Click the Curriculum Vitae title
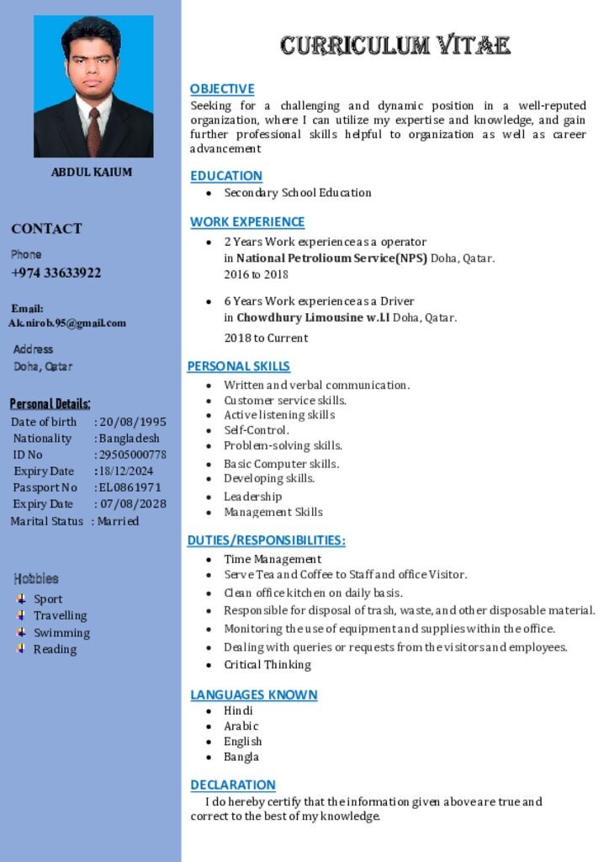[x=395, y=45]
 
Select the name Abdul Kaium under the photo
[x=92, y=172]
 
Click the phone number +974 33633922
[x=56, y=273]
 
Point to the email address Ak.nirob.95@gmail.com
[x=67, y=323]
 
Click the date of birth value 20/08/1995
[x=133, y=422]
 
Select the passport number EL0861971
[x=130, y=487]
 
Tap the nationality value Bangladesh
[x=130, y=438]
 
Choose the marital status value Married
[x=119, y=521]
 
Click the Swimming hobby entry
[x=61, y=633]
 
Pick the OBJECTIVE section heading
[x=222, y=88]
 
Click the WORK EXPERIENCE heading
[x=247, y=221]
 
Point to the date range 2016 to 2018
[x=256, y=274]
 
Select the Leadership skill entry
[x=252, y=497]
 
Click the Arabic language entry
[x=241, y=726]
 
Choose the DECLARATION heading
[x=233, y=785]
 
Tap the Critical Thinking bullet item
[x=267, y=664]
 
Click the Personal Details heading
[x=50, y=403]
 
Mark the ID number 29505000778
[x=133, y=455]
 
